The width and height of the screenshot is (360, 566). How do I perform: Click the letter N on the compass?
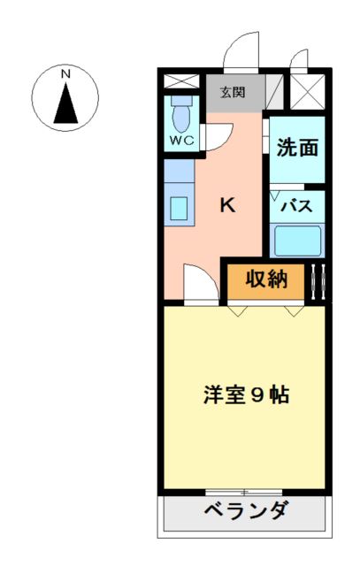[66, 75]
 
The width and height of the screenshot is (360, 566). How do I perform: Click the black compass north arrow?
[66, 103]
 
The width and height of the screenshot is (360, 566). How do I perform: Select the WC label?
[182, 140]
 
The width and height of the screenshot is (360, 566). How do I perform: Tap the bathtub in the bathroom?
[297, 240]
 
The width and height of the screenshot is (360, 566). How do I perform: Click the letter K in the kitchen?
[226, 206]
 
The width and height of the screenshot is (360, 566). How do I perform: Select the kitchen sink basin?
[179, 209]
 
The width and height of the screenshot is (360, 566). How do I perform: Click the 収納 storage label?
[266, 279]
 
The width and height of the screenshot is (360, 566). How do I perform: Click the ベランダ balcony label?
[245, 512]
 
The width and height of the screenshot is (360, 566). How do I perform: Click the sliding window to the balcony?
[244, 491]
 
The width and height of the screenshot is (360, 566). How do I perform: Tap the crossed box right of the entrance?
[309, 90]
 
